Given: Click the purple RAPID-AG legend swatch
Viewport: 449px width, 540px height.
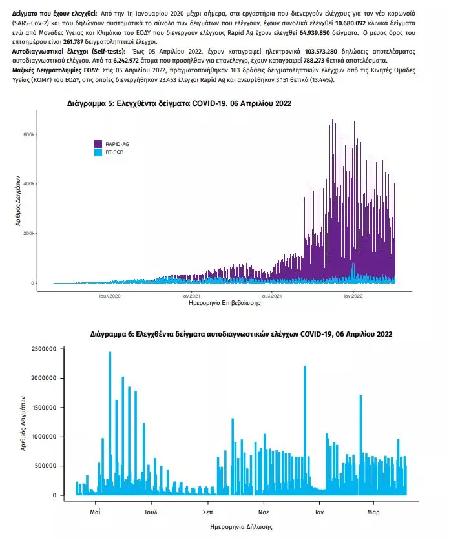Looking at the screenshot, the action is click(98, 144).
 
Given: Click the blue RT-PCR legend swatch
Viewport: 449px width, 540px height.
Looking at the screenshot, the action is click(98, 152).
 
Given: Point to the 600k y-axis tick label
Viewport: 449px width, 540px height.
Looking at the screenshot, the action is click(29, 134).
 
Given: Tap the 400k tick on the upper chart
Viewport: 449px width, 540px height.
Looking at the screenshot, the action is click(29, 184).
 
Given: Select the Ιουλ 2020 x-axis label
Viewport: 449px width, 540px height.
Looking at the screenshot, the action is click(110, 296).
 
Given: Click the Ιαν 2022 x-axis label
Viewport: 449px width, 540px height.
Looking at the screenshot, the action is click(353, 296).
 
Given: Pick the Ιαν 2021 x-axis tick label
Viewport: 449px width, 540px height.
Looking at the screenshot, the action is click(191, 296).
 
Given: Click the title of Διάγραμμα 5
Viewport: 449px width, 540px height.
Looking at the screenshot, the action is click(179, 103).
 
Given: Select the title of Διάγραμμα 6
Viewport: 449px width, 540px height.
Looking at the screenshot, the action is click(241, 334).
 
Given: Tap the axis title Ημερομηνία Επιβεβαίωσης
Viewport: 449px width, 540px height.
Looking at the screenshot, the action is click(225, 303).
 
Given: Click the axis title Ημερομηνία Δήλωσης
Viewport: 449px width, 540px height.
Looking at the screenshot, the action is click(241, 527).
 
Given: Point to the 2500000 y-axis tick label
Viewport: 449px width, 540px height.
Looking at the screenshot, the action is click(44, 349).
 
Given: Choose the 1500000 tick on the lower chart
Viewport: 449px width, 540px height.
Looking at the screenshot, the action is click(44, 408).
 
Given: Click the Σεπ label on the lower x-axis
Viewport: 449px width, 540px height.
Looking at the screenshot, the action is click(207, 512).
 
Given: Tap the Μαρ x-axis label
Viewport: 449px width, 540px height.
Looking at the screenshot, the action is click(373, 512).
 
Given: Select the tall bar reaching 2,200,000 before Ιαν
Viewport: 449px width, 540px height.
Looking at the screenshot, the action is click(305, 430).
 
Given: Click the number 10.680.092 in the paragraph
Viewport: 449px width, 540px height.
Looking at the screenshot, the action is click(350, 23).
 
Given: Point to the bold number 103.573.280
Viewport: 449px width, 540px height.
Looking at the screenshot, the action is click(321, 51).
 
